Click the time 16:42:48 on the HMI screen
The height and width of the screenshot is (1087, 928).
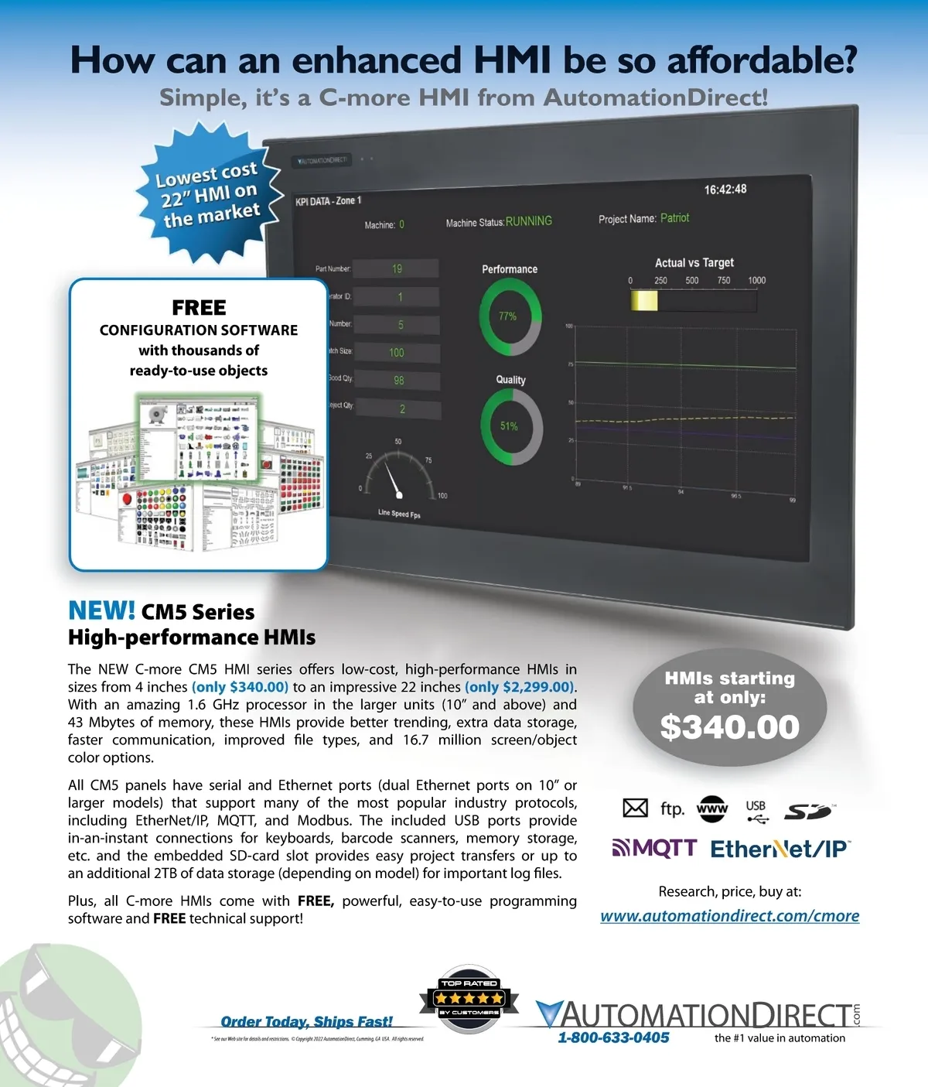tap(725, 190)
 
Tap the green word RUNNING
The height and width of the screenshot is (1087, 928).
tap(529, 221)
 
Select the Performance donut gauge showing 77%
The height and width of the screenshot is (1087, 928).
tap(510, 317)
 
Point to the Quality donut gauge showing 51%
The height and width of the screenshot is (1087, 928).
tap(511, 426)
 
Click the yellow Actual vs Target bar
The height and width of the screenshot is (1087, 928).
tap(644, 300)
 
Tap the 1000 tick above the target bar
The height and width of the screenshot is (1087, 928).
tap(756, 280)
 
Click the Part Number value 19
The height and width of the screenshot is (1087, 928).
tap(397, 269)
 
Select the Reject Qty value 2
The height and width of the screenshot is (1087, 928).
tap(402, 409)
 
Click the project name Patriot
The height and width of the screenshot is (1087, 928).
tap(674, 218)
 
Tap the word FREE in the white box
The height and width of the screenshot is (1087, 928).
tap(199, 308)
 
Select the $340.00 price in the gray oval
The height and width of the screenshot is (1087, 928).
tap(729, 727)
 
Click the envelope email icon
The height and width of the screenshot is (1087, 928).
tap(635, 808)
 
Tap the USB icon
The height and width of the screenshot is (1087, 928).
tap(756, 810)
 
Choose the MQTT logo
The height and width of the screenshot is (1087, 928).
tap(654, 849)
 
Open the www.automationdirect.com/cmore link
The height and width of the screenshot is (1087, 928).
tap(729, 916)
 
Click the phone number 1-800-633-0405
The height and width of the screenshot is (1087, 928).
tap(613, 1038)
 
